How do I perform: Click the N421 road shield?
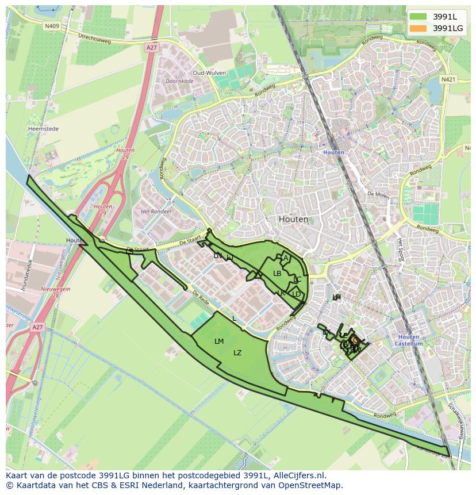pos(448,79)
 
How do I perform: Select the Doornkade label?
pos(179,82)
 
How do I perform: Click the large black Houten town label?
pos(293,219)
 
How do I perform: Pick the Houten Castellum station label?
pos(409,340)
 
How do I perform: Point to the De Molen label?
pos(378,194)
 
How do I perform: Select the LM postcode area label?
pos(219,341)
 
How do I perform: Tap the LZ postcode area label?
pos(237,353)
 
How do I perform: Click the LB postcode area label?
pos(277,274)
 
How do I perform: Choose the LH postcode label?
pos(336,297)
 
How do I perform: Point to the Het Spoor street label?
pos(401,250)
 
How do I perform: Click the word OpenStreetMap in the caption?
pos(310,485)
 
